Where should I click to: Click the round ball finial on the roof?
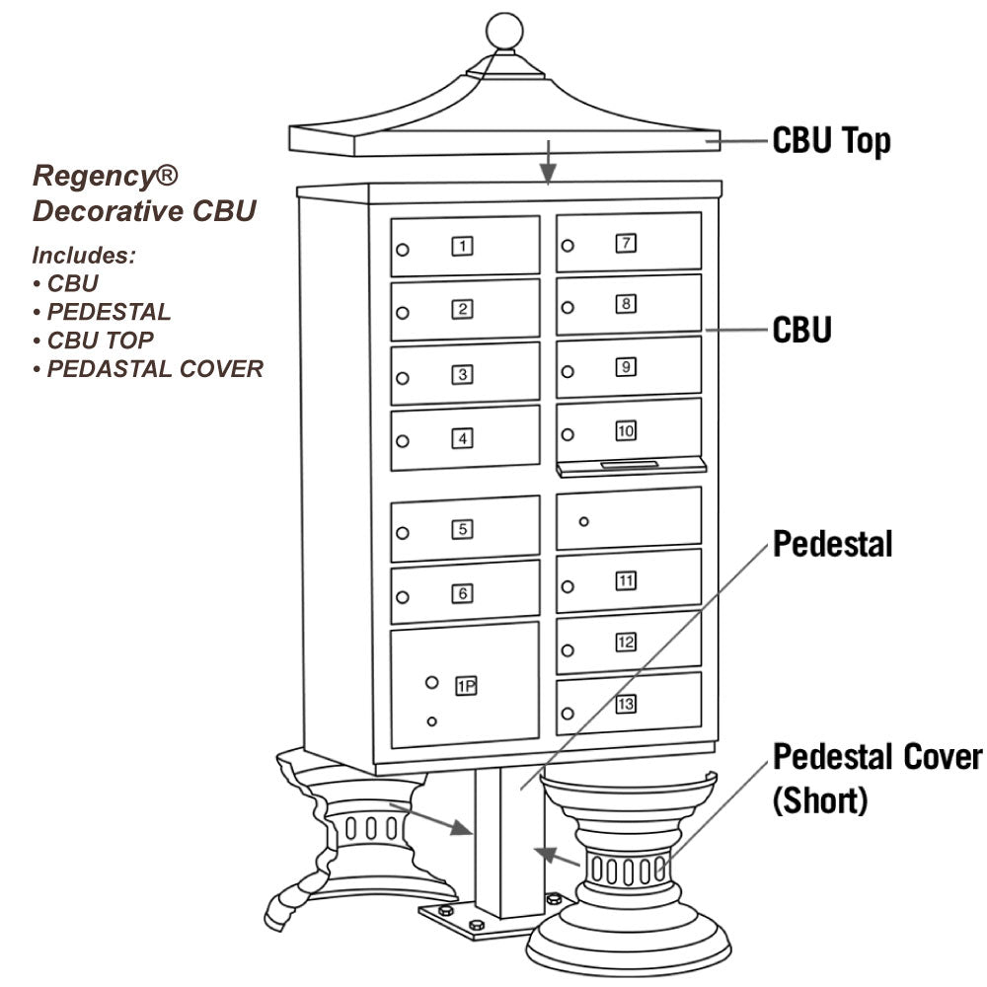504,33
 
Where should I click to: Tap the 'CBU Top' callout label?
831,141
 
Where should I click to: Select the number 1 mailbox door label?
462,247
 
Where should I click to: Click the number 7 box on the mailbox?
626,243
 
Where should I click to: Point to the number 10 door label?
626,431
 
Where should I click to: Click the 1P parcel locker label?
466,686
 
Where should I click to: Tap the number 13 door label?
626,704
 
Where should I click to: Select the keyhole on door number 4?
402,441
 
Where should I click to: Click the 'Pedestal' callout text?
832,543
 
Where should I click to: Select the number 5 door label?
462,529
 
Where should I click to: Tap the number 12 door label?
626,643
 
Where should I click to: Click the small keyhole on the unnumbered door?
583,521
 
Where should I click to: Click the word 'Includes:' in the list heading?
84,256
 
